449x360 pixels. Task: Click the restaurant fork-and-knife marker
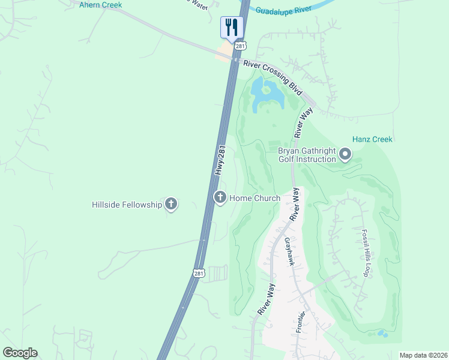(x=230, y=27)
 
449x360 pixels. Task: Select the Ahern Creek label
(x=100, y=5)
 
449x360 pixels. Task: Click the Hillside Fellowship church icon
(x=172, y=205)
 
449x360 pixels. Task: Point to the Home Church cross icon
(x=220, y=197)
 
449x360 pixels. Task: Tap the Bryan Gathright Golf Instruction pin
(x=345, y=155)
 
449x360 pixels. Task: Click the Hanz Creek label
(x=373, y=139)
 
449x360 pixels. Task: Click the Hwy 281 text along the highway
(x=220, y=160)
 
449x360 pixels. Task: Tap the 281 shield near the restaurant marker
(x=240, y=46)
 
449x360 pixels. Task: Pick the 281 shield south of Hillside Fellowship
(x=199, y=274)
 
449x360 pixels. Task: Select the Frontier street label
(x=301, y=324)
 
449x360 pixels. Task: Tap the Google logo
(x=20, y=353)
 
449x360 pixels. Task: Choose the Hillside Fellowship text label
(x=127, y=205)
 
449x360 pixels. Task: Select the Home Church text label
(x=255, y=198)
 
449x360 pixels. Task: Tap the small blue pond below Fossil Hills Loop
(x=381, y=334)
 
